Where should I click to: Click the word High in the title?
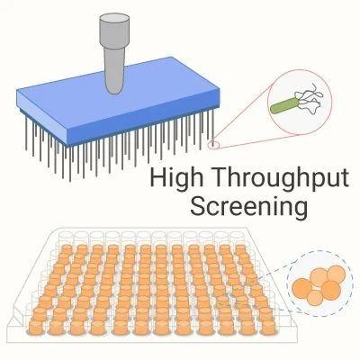tap(176, 178)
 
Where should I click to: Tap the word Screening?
tap(249, 206)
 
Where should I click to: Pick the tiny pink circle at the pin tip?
tap(213, 144)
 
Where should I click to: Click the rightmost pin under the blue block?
tap(212, 125)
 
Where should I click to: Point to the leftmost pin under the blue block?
tap(26, 133)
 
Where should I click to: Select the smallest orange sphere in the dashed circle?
tap(315, 298)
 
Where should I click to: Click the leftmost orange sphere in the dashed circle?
tap(302, 288)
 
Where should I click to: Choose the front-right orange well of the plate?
tap(267, 326)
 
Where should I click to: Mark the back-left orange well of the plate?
tap(67, 250)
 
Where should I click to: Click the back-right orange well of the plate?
tap(240, 250)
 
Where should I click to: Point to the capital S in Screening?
tap(198, 206)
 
